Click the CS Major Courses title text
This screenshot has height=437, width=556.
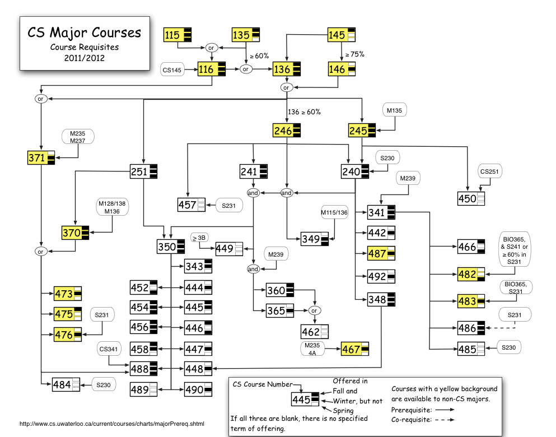coord(85,32)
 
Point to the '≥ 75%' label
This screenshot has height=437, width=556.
coord(355,54)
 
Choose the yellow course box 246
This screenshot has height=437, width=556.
coord(287,131)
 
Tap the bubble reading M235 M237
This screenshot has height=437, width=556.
coord(78,137)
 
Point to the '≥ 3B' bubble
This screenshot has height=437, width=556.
coord(199,238)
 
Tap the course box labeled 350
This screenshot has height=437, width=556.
coord(171,246)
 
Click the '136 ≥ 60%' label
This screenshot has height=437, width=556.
coord(304,111)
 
